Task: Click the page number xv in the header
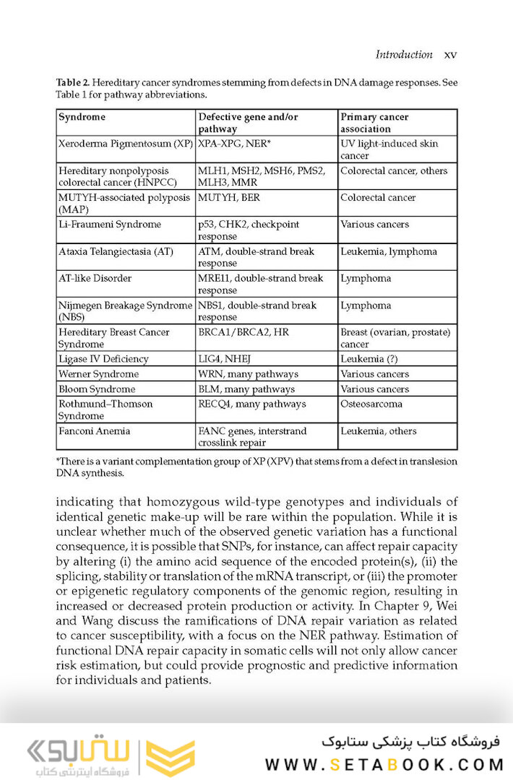coord(450,55)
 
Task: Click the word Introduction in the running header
coord(404,55)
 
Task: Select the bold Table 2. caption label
coord(73,83)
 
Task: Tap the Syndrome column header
coord(82,117)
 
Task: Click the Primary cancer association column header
coord(374,123)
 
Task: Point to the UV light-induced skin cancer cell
coord(389,149)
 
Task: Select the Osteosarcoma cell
coord(371,404)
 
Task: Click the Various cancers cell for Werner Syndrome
coord(374,374)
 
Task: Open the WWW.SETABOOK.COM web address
coord(379,764)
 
